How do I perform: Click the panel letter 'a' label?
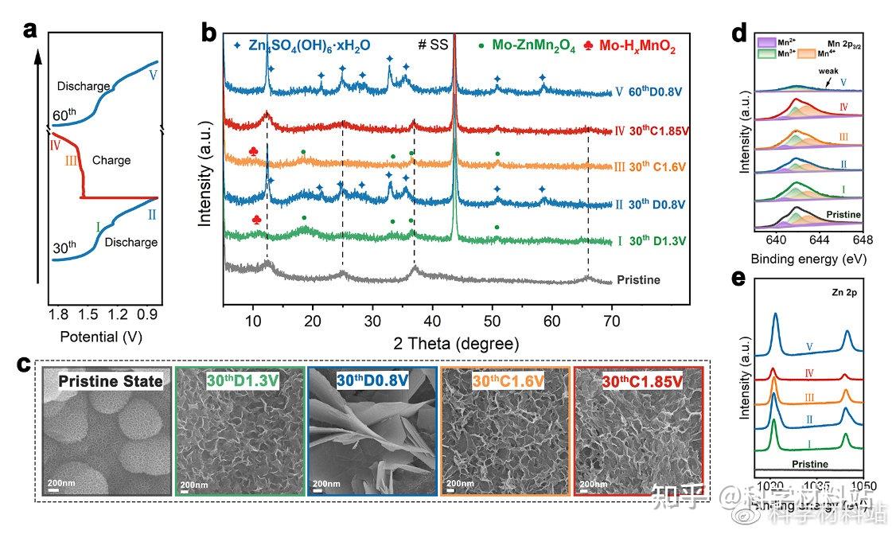coord(30,31)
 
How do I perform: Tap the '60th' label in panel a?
coord(66,114)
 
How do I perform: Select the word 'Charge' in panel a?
coord(111,160)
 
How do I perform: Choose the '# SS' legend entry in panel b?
coord(434,46)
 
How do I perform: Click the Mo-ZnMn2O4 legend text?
coord(539,47)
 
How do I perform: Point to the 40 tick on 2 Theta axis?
coord(432,320)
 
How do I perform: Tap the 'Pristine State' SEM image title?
coord(110,381)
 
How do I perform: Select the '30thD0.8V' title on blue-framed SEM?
coord(372,381)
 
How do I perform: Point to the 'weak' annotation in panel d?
coord(829,70)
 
